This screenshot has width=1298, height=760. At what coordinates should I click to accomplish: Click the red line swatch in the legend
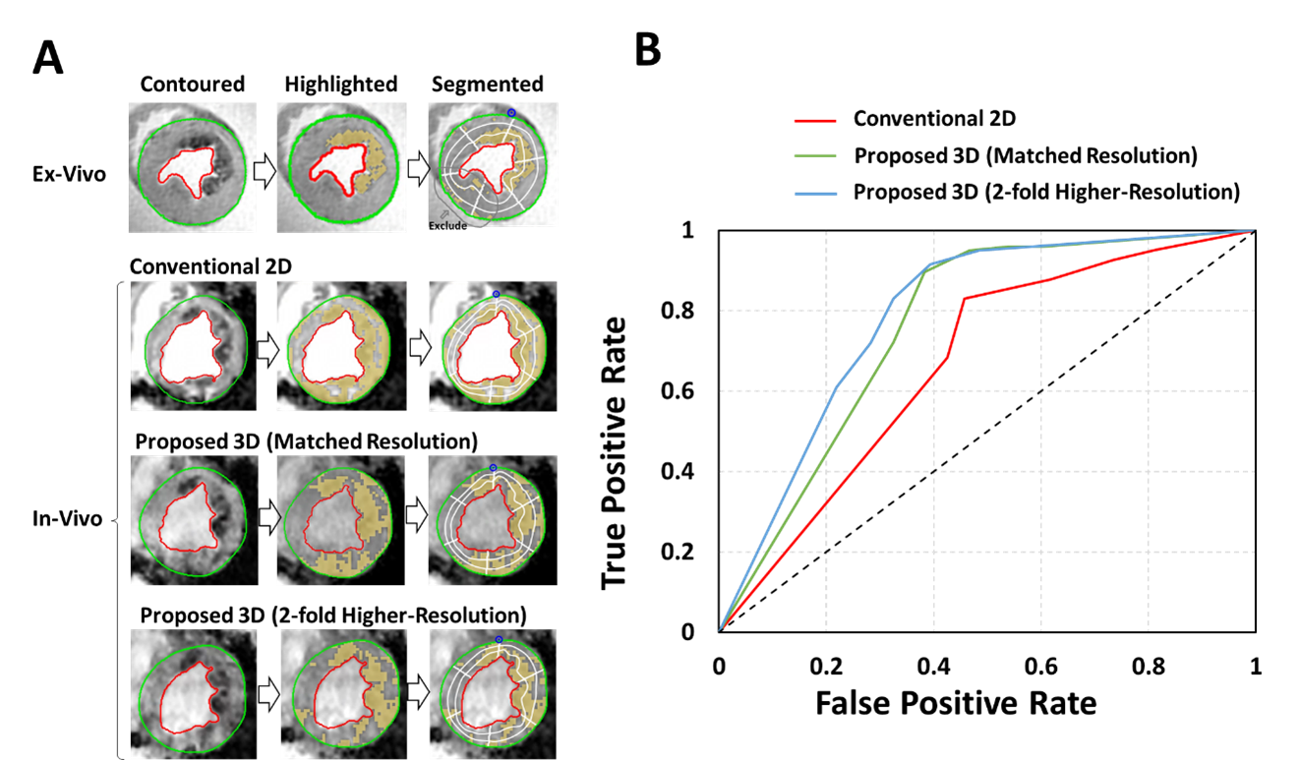815,121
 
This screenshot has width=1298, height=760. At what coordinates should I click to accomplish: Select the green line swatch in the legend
815,155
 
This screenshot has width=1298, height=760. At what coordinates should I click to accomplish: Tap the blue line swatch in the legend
815,194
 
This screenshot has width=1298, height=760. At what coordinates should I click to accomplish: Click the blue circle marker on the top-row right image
511,113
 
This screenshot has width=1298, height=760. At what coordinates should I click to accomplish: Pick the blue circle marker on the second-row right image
496,294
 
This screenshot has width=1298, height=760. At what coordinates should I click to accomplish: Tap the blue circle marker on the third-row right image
493,468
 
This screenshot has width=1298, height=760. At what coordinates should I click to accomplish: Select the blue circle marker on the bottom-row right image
499,640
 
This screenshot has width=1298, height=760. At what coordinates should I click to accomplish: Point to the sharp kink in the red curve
965,298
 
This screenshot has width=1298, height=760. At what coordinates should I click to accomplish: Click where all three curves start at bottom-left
721,629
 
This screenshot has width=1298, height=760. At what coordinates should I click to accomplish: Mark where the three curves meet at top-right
1253,231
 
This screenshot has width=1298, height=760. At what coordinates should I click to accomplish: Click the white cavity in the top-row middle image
338,167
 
